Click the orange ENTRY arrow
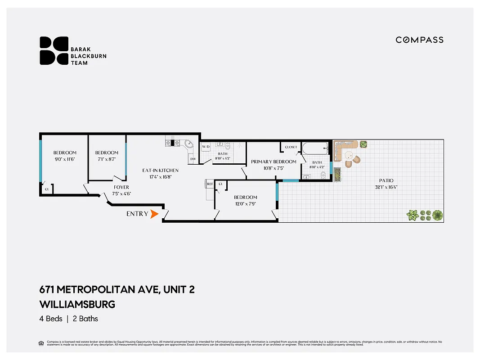coord(154,214)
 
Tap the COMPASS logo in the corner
coord(419,40)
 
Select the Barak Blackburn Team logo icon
coord(54,50)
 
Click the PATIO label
coord(386,180)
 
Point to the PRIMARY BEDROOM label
coord(274,162)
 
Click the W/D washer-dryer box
coord(206,147)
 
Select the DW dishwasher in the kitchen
coord(193,159)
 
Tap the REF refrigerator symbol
coord(210,184)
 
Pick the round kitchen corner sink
coord(189,144)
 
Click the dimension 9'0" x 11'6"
coord(65,159)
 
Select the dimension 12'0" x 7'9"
coord(245,204)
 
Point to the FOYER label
coord(121,187)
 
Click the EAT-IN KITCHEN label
coord(160,171)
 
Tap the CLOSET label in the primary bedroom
coord(291,147)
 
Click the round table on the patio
coord(349,155)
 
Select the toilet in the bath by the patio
coord(323,175)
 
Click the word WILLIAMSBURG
coord(77,304)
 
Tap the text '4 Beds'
coord(50,319)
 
